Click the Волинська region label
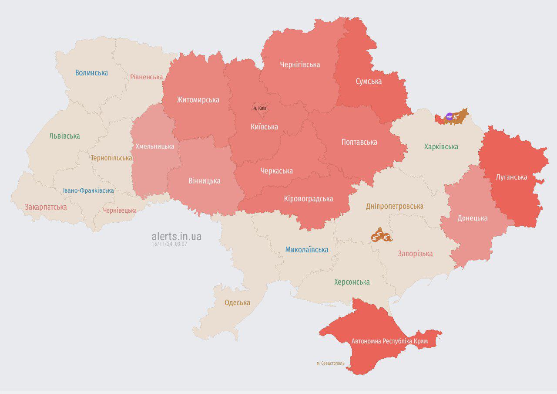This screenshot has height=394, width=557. click(91, 73)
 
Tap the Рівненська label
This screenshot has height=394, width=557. click(146, 77)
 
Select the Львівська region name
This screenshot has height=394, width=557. click(64, 136)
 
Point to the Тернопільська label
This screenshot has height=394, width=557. click(111, 158)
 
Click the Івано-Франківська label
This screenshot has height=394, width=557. click(88, 190)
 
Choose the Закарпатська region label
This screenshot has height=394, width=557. click(46, 207)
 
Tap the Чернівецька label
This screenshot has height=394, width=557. click(120, 211)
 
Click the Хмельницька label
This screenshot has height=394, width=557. click(155, 146)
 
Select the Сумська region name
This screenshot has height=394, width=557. click(369, 82)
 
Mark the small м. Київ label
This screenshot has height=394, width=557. click(260, 108)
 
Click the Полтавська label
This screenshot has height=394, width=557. click(359, 142)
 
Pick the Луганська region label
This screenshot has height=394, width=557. click(511, 177)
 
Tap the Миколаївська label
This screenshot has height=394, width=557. click(307, 250)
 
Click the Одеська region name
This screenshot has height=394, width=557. click(237, 302)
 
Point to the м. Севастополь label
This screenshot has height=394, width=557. click(330, 363)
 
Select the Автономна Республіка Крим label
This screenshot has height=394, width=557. click(389, 341)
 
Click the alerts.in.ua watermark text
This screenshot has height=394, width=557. click(176, 236)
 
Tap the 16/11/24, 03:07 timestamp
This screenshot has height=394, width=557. click(169, 244)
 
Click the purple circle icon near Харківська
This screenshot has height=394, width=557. click(450, 116)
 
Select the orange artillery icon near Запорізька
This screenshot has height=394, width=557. click(381, 237)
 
